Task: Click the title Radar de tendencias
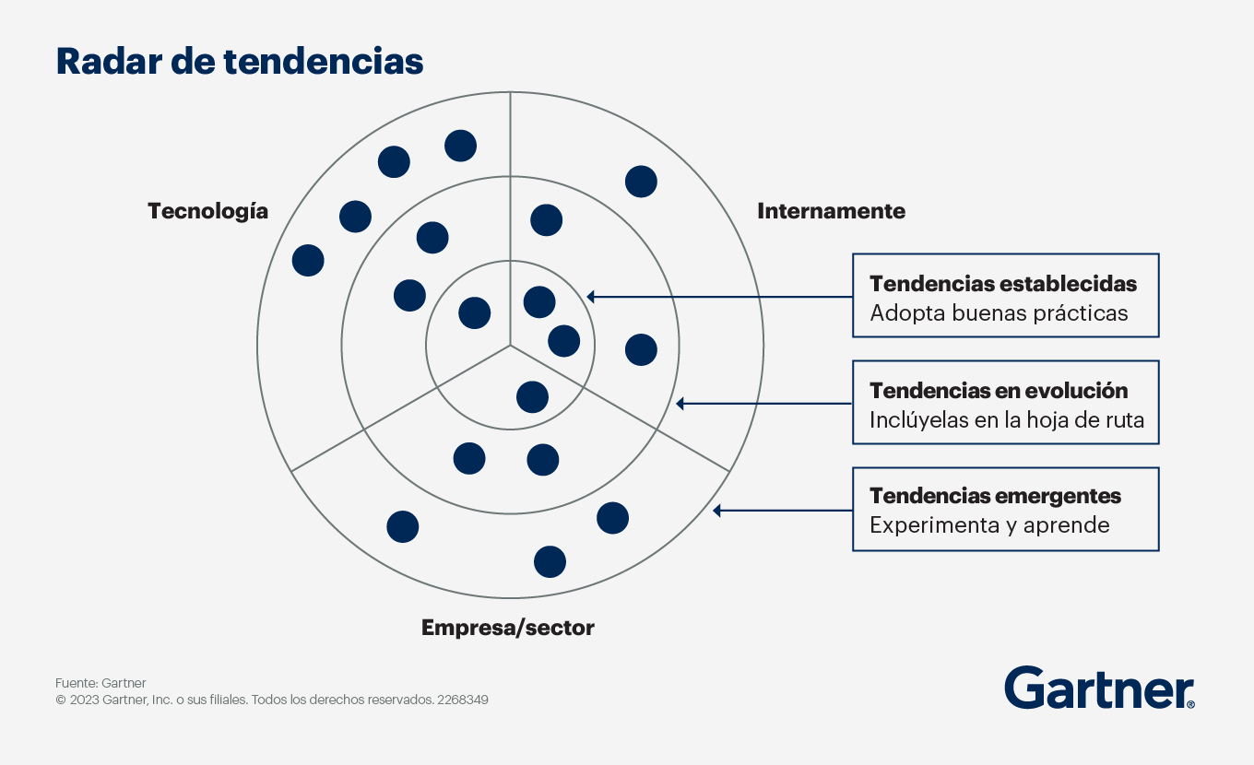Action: pyautogui.click(x=240, y=61)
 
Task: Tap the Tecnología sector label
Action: pyautogui.click(x=207, y=212)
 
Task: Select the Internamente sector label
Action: pyautogui.click(x=831, y=211)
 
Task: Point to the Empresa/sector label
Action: pyautogui.click(x=508, y=628)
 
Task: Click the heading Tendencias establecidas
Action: pyautogui.click(x=1002, y=284)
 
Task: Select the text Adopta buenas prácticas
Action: pyautogui.click(x=999, y=313)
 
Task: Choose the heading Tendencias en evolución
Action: pyautogui.click(x=999, y=391)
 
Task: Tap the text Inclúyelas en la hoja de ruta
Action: pyautogui.click(x=1007, y=420)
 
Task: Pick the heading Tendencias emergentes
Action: pyautogui.click(x=995, y=496)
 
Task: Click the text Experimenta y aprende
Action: pyautogui.click(x=989, y=525)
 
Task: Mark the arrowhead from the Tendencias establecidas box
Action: pyautogui.click(x=590, y=297)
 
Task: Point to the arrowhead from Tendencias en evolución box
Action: pyautogui.click(x=680, y=404)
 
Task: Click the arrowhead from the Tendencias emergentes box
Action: pyautogui.click(x=716, y=511)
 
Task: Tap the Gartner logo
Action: pyautogui.click(x=1099, y=688)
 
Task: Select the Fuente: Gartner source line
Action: pyautogui.click(x=101, y=683)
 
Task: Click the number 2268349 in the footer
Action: pyautogui.click(x=463, y=700)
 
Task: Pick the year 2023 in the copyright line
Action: pyautogui.click(x=85, y=700)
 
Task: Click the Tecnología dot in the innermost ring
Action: pyautogui.click(x=474, y=312)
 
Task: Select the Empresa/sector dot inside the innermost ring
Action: pyautogui.click(x=532, y=397)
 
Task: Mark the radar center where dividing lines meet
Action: pyautogui.click(x=510, y=346)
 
